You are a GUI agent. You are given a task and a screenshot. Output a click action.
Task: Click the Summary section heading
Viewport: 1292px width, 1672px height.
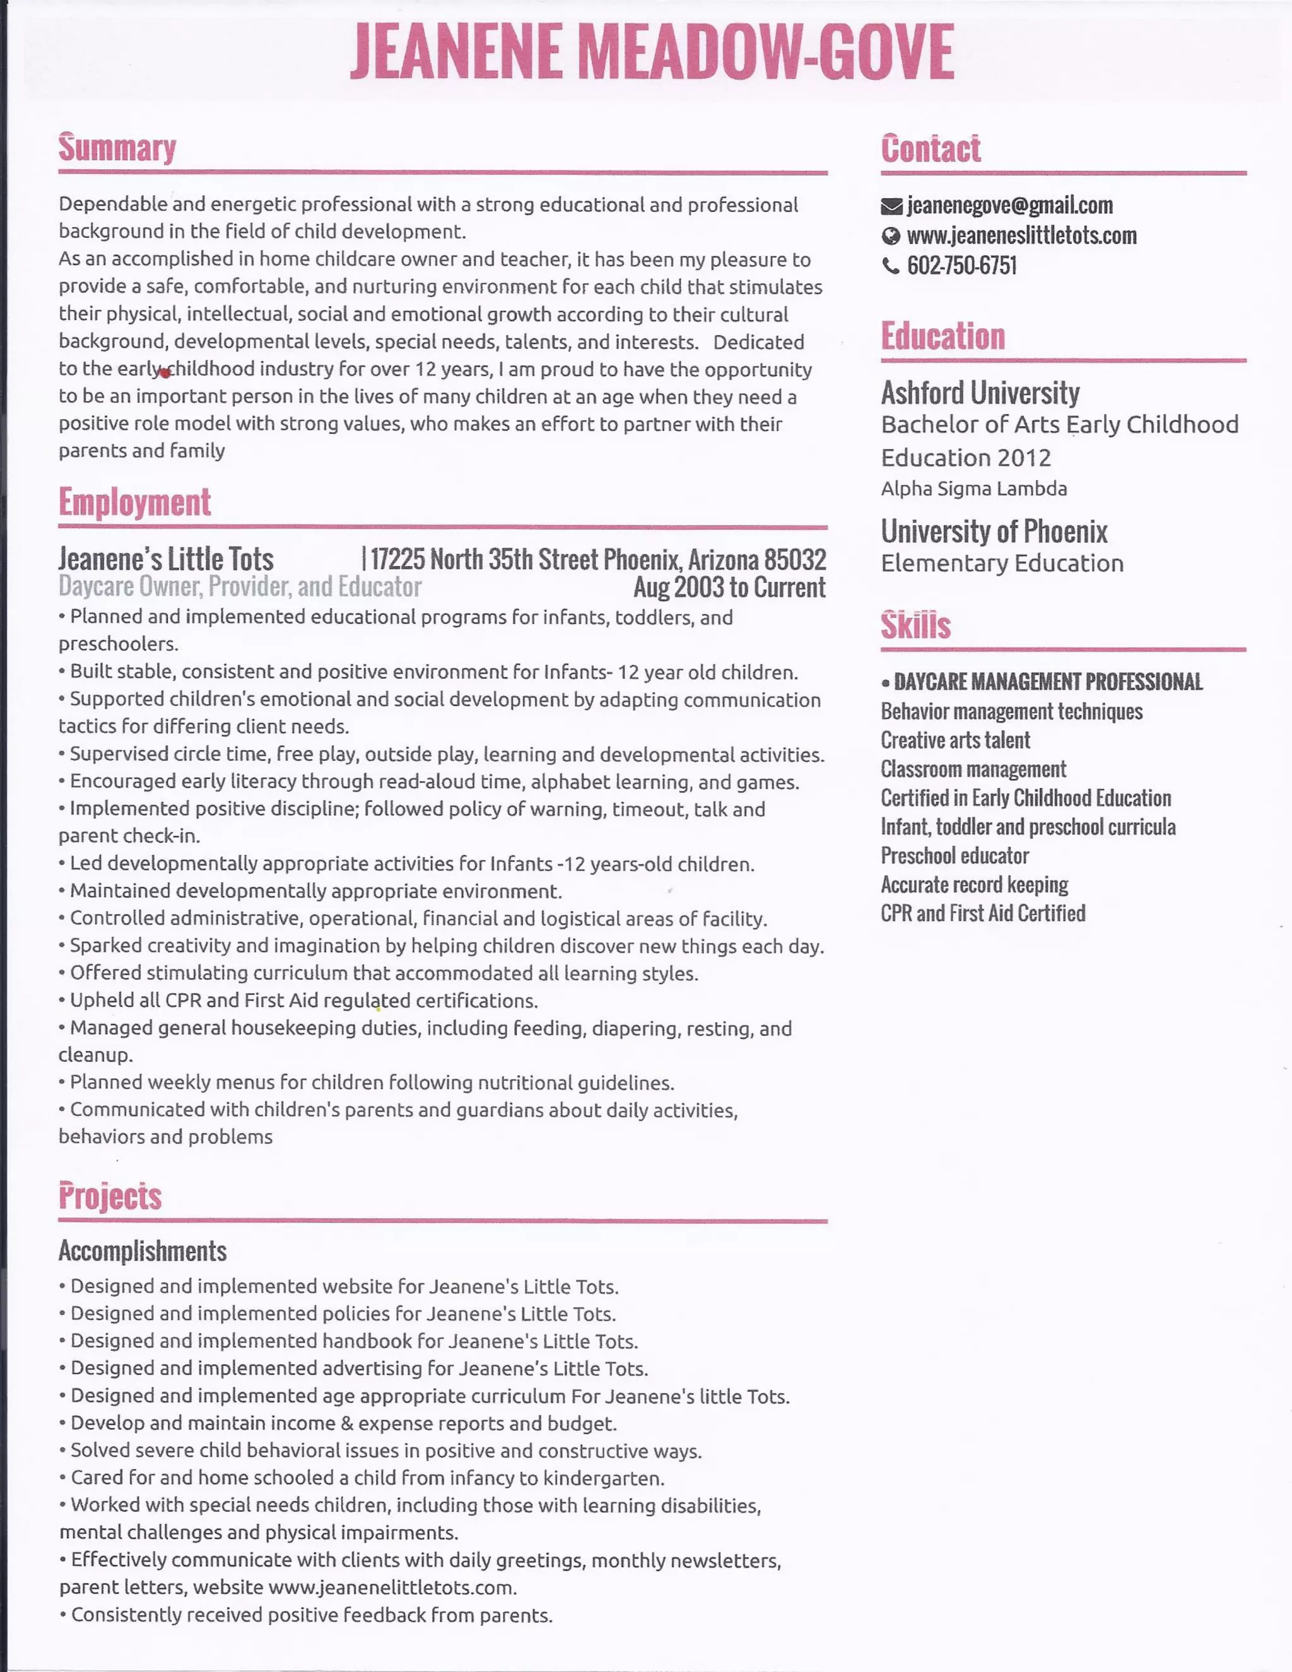click(x=117, y=148)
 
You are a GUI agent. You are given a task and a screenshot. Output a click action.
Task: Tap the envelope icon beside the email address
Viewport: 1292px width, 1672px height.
click(x=891, y=206)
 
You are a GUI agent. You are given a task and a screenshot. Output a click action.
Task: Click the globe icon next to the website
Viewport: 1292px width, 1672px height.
click(x=890, y=236)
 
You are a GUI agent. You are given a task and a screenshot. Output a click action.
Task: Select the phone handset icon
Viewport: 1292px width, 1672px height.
click(x=890, y=266)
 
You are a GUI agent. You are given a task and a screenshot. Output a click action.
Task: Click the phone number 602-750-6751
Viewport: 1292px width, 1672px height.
click(x=961, y=266)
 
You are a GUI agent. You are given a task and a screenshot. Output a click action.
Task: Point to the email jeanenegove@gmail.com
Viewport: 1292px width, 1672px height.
click(x=1009, y=205)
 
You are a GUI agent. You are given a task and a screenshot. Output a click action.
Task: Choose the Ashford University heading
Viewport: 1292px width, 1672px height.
click(x=980, y=392)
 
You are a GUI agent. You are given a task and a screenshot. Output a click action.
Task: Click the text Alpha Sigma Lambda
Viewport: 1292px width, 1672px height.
click(x=973, y=488)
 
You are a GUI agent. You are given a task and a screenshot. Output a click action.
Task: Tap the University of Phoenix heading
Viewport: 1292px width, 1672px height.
click(x=994, y=531)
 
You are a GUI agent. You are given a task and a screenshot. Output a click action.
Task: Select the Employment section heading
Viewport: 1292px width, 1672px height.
click(x=135, y=502)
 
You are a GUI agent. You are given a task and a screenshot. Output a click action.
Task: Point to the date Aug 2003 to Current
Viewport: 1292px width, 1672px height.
click(x=729, y=587)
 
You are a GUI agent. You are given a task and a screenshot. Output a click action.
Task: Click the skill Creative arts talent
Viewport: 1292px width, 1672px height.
click(x=955, y=740)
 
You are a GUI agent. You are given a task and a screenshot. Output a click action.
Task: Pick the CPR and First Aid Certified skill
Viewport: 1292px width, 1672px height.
click(x=983, y=914)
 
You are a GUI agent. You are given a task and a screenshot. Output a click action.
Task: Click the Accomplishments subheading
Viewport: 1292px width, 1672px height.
click(x=143, y=1251)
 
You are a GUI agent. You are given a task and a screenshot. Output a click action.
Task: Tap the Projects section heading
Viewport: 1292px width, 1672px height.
click(x=110, y=1196)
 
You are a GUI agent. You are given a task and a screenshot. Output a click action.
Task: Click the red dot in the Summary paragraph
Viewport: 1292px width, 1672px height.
click(x=165, y=373)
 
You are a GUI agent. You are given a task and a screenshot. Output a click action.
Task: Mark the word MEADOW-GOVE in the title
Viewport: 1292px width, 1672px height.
click(x=765, y=52)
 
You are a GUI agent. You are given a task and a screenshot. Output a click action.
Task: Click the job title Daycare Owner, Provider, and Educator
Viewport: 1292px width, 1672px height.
click(x=240, y=587)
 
